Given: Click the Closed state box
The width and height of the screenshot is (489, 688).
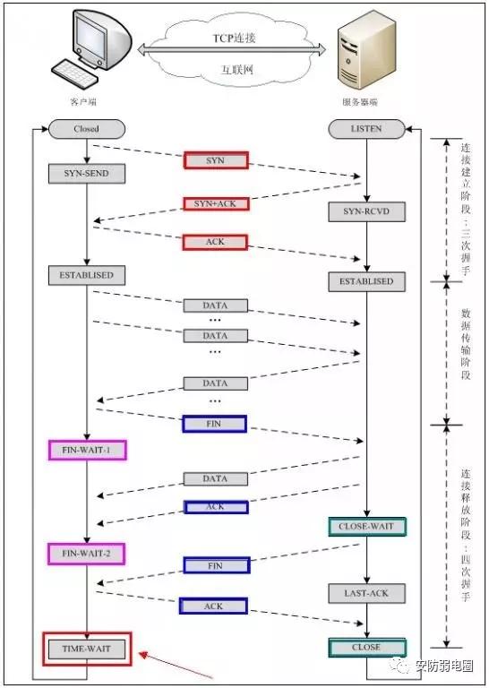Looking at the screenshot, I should point(87,129).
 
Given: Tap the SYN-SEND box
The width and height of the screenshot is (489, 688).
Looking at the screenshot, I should point(87,173).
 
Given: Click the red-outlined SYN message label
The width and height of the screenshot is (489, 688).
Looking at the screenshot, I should point(215,160).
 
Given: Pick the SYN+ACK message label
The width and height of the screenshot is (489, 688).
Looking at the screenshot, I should point(215,203).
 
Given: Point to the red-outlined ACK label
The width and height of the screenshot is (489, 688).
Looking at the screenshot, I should point(215,242).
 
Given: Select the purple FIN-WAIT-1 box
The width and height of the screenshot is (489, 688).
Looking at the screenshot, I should point(87,450).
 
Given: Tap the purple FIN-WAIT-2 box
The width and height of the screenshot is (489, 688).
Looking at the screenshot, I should point(87,554).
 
